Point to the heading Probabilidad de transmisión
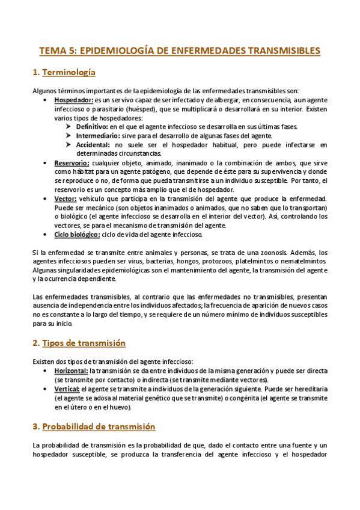tap(99, 426)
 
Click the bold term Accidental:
tap(93, 145)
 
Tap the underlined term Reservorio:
tap(72, 163)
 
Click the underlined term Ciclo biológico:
tap(77, 235)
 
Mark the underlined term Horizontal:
tap(71, 371)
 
